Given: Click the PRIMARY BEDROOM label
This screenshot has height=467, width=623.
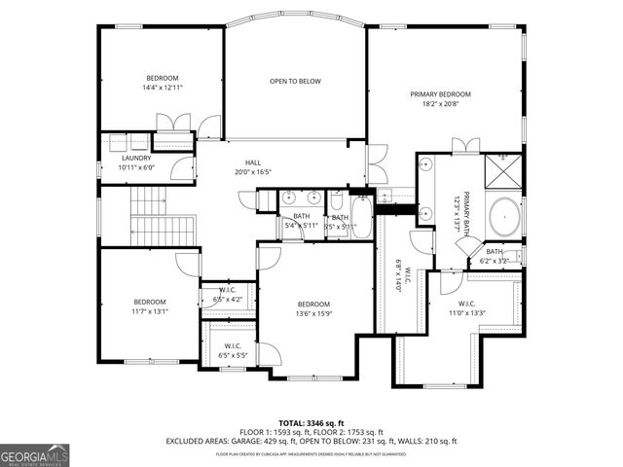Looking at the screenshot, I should (x=439, y=94).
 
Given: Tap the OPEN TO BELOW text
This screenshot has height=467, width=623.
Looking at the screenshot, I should (x=295, y=81).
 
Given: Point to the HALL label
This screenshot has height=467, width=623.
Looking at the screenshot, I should (x=252, y=162).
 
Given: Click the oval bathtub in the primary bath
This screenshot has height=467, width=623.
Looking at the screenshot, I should (x=504, y=216).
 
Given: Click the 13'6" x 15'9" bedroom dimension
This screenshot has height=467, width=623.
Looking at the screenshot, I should (x=314, y=313).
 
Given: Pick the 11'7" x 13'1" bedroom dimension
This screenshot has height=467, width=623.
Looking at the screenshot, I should (x=150, y=311).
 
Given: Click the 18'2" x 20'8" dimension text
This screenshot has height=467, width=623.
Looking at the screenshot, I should (x=439, y=104).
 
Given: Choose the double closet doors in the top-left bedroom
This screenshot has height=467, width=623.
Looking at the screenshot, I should (x=172, y=124).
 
